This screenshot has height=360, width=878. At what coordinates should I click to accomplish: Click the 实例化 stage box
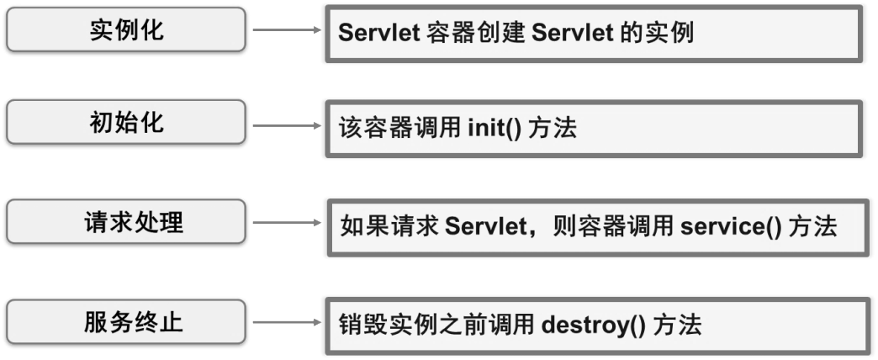(x=127, y=30)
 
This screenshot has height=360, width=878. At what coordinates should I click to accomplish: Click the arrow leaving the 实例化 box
(x=287, y=30)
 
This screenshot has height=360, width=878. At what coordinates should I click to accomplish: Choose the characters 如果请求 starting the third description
(x=389, y=227)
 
